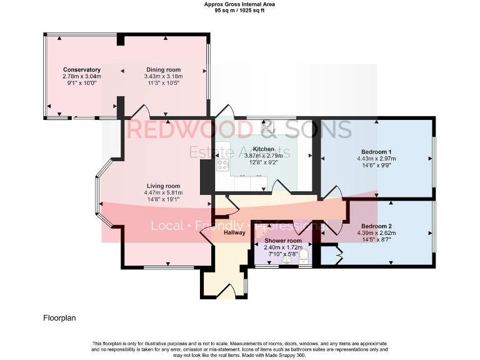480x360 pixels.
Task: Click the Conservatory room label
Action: (x=82, y=69)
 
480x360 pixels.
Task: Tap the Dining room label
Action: (x=163, y=69)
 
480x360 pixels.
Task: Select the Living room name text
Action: (x=164, y=186)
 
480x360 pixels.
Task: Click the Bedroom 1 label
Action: (x=376, y=152)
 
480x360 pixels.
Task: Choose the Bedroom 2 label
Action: (x=376, y=226)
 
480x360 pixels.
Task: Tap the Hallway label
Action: (x=235, y=232)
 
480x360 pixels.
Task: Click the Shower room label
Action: (x=282, y=241)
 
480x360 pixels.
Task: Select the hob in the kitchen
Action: (x=222, y=165)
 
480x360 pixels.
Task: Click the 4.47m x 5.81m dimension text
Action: (x=164, y=193)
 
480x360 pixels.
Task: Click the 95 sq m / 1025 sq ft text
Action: (x=239, y=11)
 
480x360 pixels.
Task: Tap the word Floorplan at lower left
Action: (x=59, y=317)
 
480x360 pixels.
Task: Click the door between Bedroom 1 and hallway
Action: (x=331, y=192)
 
